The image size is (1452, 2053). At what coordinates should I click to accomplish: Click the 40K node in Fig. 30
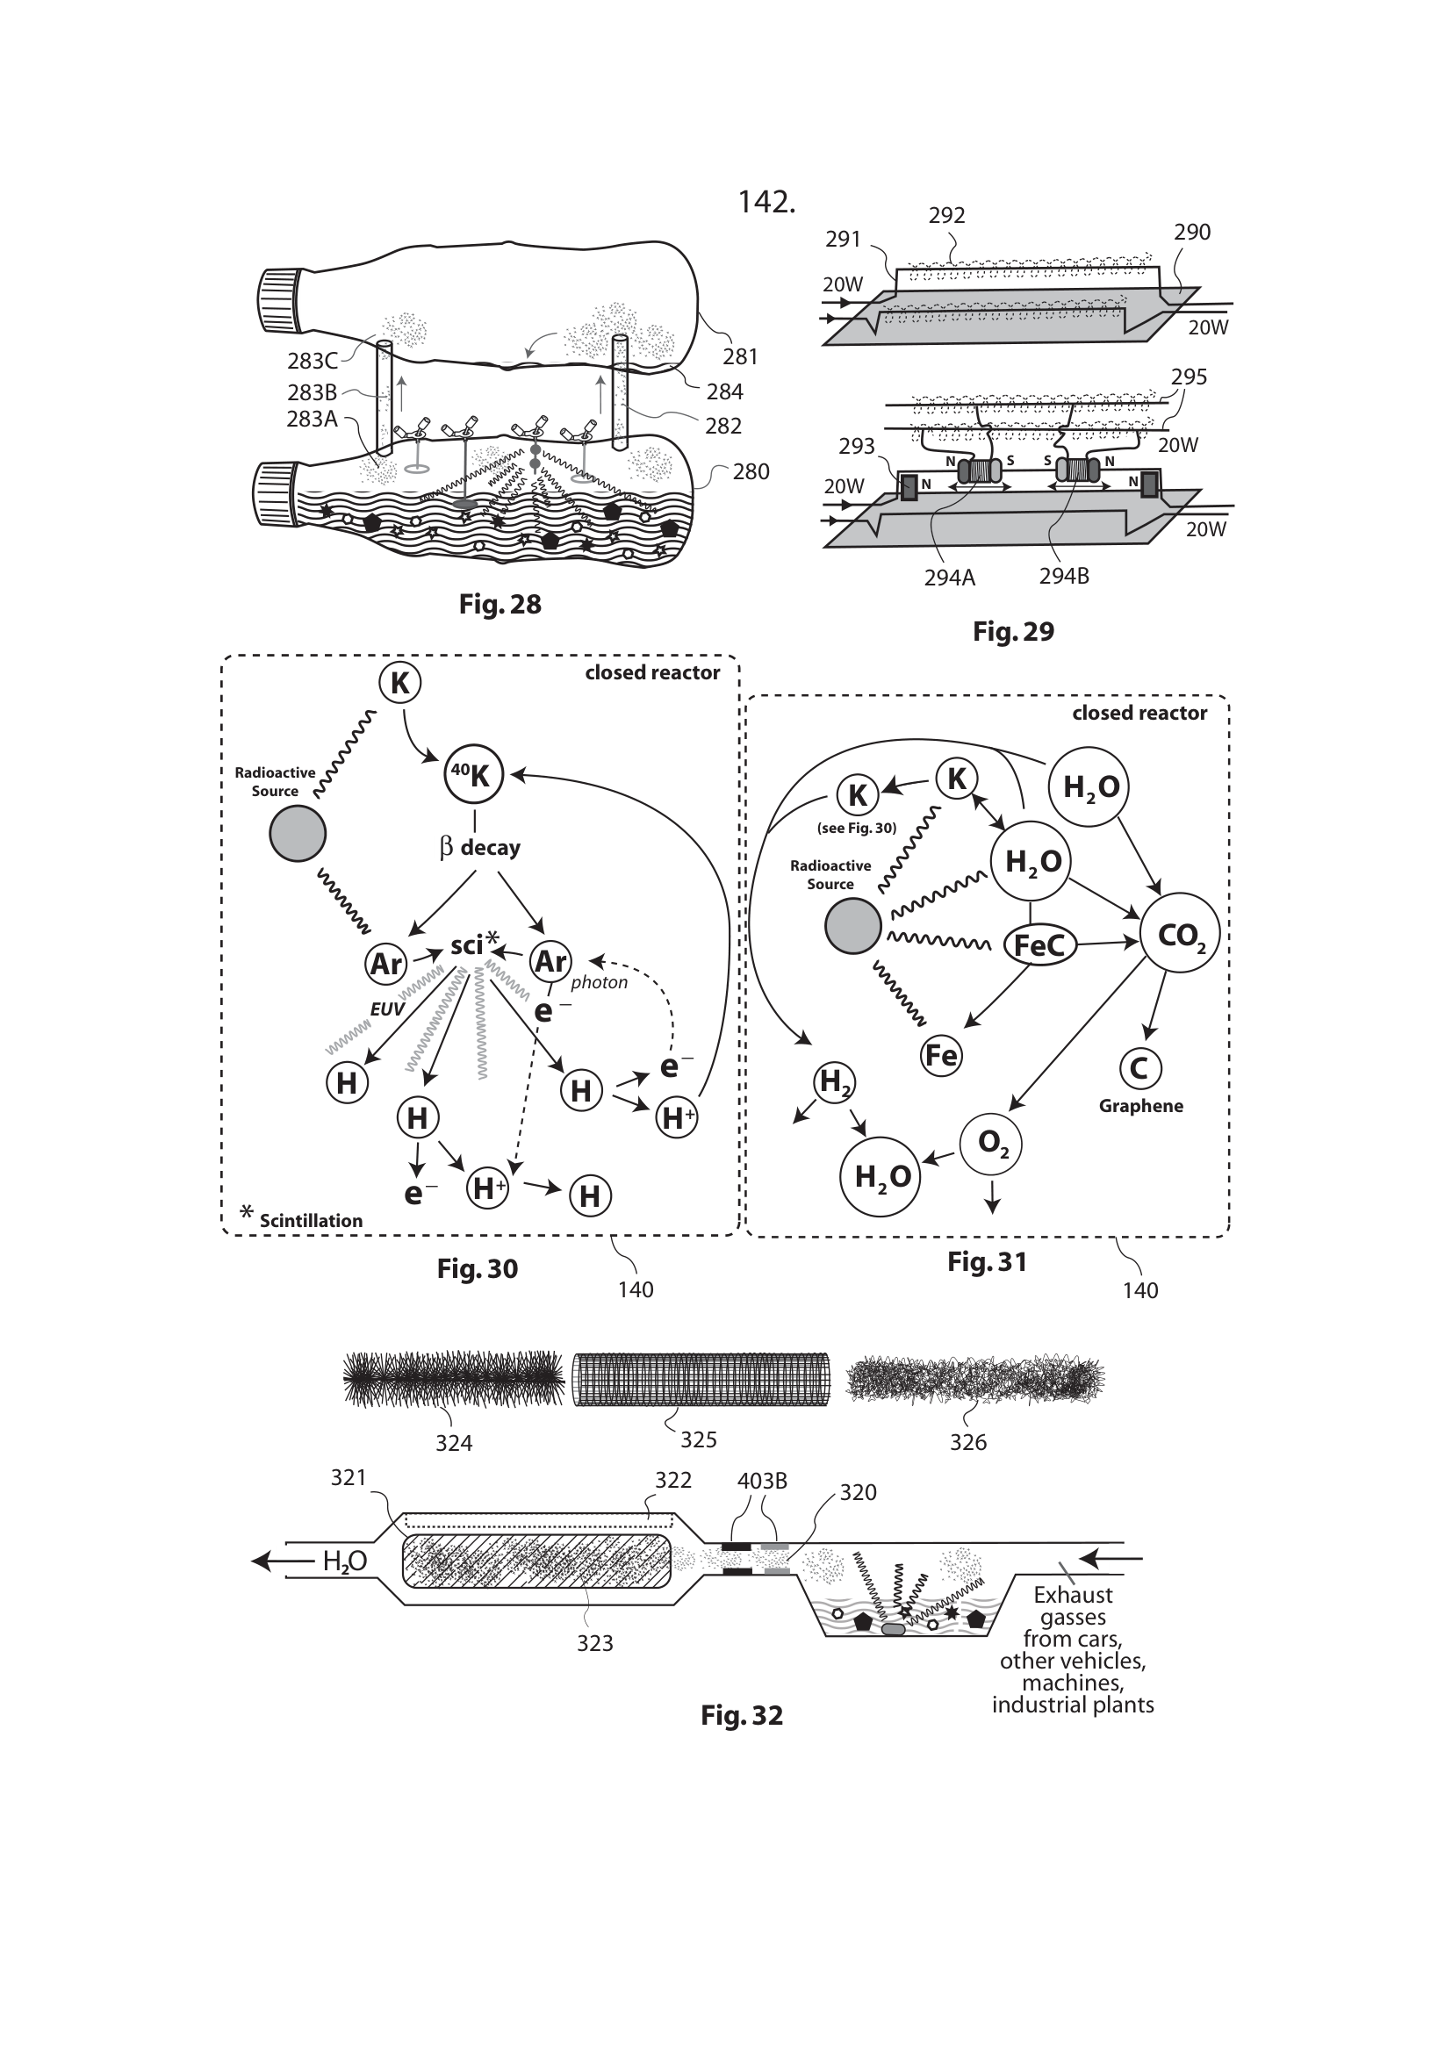[474, 774]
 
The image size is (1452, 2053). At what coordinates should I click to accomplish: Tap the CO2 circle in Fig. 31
[1180, 937]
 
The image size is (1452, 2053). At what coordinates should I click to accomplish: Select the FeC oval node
[1039, 944]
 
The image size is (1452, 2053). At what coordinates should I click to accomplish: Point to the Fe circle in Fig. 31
[940, 1056]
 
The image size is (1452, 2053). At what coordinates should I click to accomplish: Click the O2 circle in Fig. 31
[990, 1144]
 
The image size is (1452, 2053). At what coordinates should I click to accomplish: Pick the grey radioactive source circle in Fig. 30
[298, 833]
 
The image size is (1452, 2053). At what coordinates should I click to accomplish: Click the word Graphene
[1141, 1106]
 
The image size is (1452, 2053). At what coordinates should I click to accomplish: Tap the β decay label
[480, 847]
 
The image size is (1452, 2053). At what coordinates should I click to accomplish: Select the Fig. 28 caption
[500, 605]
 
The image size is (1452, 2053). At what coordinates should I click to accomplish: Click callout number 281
[740, 356]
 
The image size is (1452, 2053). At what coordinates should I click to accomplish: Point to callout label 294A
[950, 578]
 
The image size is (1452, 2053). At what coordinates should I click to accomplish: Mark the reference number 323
[594, 1642]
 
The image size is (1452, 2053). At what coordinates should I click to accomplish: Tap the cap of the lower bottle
[277, 494]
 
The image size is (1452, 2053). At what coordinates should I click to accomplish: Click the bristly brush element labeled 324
[453, 1378]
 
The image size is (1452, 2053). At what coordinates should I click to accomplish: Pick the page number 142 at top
[766, 203]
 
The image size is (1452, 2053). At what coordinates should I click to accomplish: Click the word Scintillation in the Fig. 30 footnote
[311, 1221]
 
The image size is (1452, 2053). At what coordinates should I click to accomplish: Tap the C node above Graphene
[1140, 1068]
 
